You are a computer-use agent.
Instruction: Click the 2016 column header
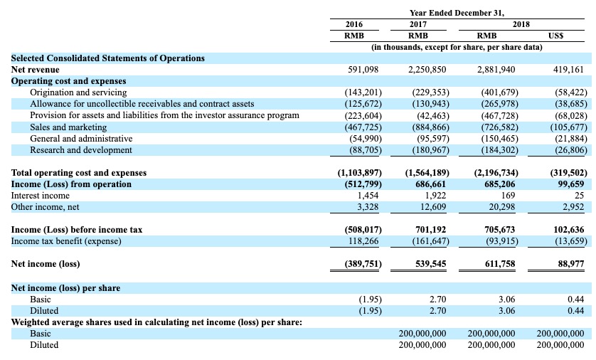pos(354,24)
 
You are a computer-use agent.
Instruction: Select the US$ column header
pos(555,36)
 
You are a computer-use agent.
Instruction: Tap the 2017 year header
pos(418,24)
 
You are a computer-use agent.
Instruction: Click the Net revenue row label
pos(36,70)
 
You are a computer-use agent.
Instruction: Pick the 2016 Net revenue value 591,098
pos(363,70)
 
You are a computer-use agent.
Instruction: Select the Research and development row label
pos(81,150)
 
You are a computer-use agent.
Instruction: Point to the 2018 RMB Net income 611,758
pos(500,264)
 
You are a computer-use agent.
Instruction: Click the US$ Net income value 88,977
pos(571,264)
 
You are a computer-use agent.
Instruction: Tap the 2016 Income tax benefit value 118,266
pos(363,241)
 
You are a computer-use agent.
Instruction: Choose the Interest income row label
pos(41,196)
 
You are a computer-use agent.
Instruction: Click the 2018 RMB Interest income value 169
pos(509,196)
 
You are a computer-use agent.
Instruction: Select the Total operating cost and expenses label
pos(79,173)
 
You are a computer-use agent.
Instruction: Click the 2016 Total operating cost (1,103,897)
pos(360,173)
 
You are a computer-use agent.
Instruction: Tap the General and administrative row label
pos(81,138)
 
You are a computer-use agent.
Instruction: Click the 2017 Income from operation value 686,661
pos(431,184)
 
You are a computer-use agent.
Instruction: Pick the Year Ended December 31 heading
pos(457,13)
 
